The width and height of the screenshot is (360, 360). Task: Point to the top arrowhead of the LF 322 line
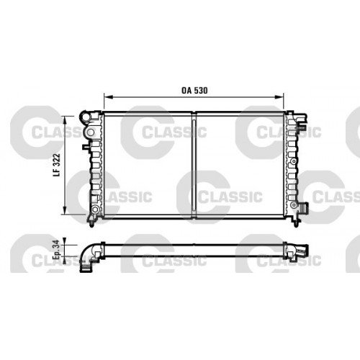click(66, 117)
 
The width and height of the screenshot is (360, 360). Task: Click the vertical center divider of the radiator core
click(195, 163)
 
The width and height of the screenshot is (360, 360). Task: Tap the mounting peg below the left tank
click(94, 219)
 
